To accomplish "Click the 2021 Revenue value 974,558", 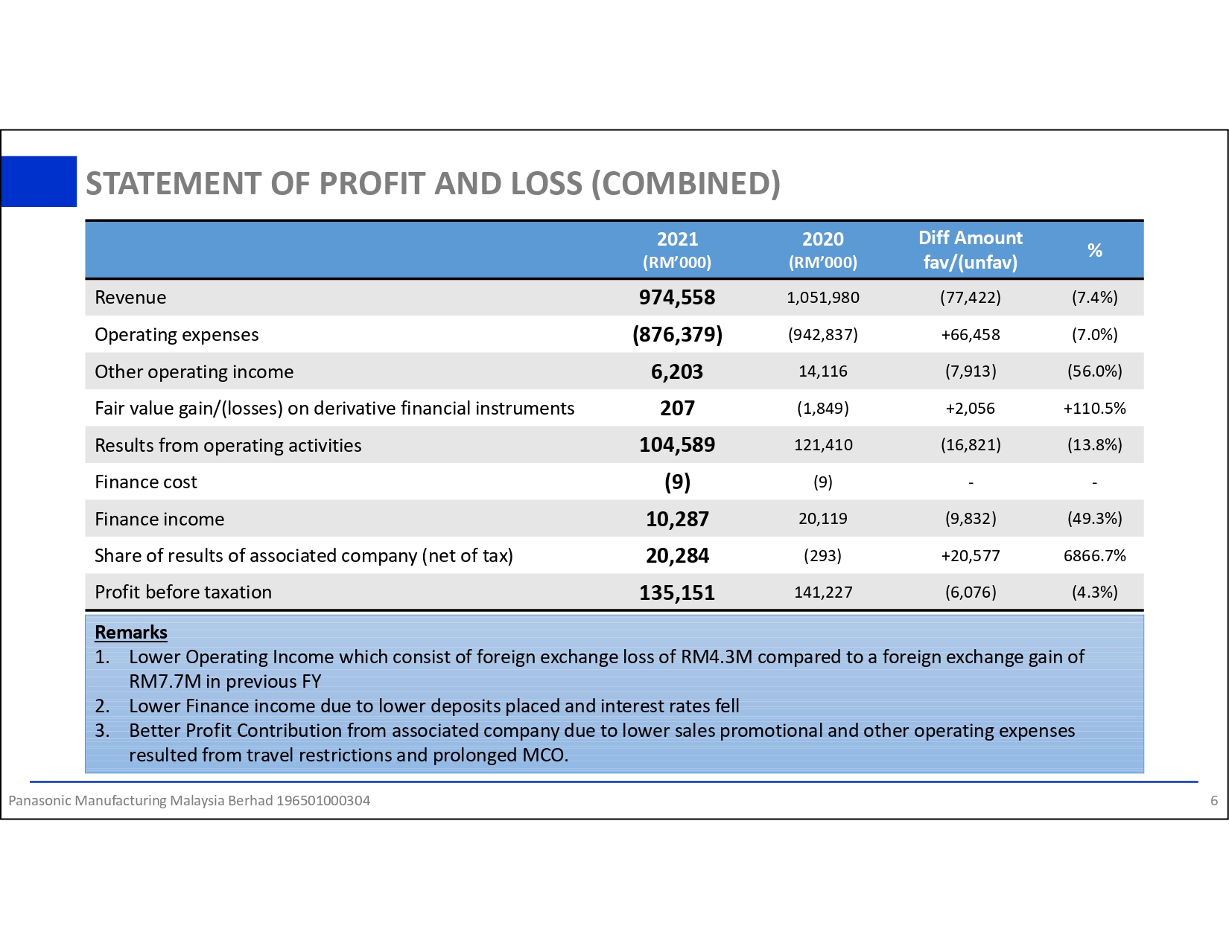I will click(x=676, y=298).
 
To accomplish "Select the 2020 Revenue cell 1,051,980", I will click(x=822, y=298).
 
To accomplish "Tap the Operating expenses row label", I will click(x=177, y=335).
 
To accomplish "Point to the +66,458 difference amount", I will click(x=970, y=335).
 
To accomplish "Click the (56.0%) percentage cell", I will click(x=1094, y=371).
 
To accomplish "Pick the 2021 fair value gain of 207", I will click(x=677, y=408).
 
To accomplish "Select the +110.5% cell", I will click(x=1094, y=408).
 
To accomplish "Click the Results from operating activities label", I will click(x=228, y=445).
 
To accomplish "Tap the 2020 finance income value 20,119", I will click(x=822, y=519).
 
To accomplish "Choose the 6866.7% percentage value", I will click(x=1094, y=555).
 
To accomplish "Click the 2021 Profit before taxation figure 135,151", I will click(x=676, y=592).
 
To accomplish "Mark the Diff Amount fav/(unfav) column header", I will click(x=970, y=249).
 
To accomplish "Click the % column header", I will click(x=1094, y=250).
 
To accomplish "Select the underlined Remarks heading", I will click(x=131, y=632).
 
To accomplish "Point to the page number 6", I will click(x=1213, y=801).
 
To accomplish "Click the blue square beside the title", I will click(x=39, y=181).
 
